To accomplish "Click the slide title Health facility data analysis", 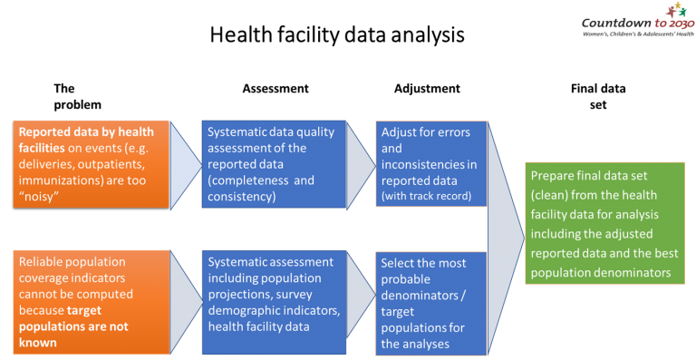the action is [337, 35].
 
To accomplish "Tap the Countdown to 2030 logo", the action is [638, 21].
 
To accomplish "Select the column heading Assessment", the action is [275, 89].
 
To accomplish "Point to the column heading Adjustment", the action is [427, 89].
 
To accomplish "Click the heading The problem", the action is [78, 97].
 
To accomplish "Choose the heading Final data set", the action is [598, 97].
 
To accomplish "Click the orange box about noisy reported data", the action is [91, 164].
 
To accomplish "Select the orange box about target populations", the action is [91, 302].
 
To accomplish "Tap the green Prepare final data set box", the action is [605, 223].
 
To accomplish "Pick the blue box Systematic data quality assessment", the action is [274, 164].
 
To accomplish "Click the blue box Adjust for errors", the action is [431, 164].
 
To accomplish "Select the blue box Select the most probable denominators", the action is [431, 304].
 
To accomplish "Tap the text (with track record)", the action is [426, 196].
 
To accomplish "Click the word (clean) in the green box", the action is [549, 195].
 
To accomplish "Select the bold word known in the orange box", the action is [38, 343].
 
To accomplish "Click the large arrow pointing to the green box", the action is [506, 238].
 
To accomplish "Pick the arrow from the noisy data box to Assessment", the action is [186, 165].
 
